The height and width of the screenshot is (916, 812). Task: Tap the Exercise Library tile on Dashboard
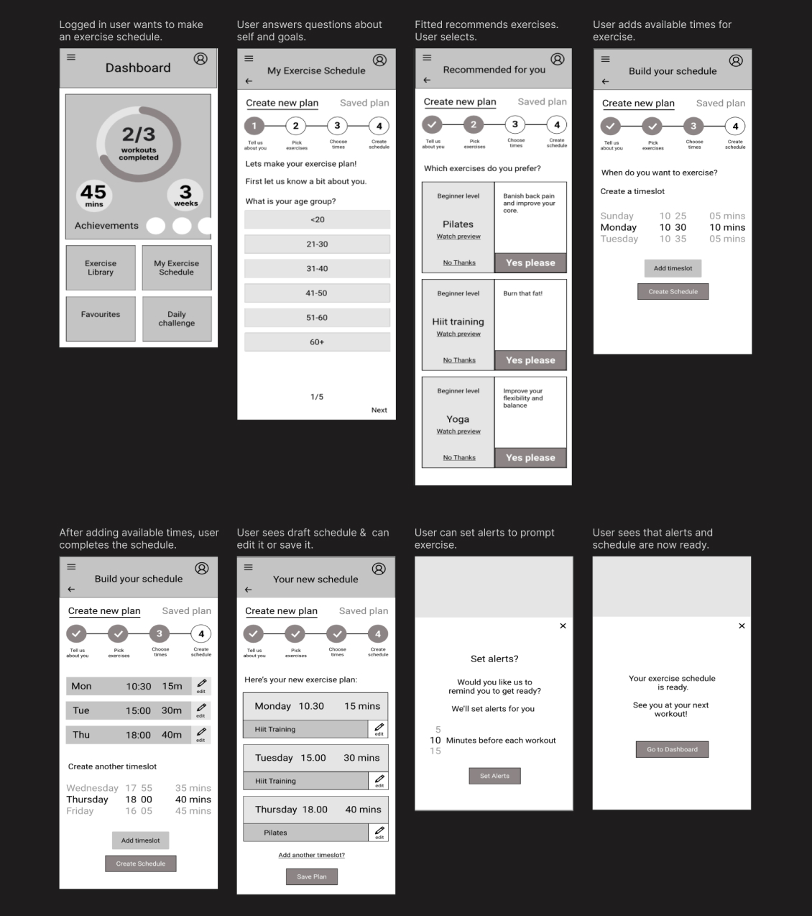101,268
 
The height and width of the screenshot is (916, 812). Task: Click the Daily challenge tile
177,319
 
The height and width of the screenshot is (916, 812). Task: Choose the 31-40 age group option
317,269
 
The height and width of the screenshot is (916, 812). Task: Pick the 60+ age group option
317,342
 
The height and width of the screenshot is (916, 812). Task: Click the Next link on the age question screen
379,410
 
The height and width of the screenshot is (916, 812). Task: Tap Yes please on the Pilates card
530,263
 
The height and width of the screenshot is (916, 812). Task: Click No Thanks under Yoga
459,458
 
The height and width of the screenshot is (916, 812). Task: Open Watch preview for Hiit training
458,334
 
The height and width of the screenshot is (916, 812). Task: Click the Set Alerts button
494,776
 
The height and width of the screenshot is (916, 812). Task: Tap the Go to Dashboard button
672,749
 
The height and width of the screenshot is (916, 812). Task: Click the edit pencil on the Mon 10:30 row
201,684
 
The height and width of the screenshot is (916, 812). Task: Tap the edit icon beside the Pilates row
379,832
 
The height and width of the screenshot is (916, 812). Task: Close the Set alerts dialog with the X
563,626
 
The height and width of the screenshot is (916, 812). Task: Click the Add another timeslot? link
311,855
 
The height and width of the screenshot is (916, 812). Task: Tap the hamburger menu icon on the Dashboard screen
71,58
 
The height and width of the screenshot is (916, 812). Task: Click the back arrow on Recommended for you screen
427,80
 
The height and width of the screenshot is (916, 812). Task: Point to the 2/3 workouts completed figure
139,142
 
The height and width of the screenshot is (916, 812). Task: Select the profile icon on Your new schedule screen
379,569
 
